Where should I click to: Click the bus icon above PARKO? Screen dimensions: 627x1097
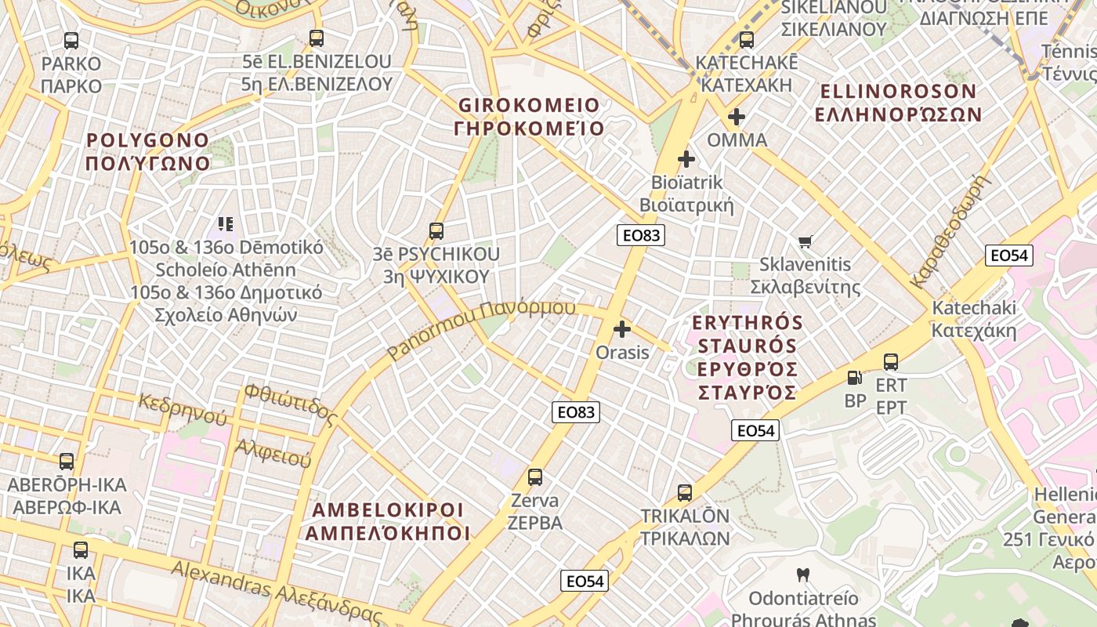click(71, 41)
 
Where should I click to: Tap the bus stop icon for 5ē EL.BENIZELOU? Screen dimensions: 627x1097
click(317, 38)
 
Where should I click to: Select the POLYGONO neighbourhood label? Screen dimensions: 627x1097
click(148, 152)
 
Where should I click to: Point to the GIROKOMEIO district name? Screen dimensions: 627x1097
click(529, 116)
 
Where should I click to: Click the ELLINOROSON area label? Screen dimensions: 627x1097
click(898, 103)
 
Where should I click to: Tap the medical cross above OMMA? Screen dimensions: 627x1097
click(737, 118)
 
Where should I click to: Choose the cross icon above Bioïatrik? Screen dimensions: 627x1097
click(686, 160)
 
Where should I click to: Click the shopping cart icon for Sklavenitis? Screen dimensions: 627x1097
click(806, 241)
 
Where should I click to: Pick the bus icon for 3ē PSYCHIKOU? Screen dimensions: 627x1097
click(436, 231)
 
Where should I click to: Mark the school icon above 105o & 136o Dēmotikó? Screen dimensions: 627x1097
click(226, 224)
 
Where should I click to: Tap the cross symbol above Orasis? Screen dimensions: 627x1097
click(622, 329)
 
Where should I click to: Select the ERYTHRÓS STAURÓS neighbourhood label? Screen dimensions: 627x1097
click(748, 357)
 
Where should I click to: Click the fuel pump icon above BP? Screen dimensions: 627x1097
click(855, 378)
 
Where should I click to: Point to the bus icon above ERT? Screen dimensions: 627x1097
click(891, 362)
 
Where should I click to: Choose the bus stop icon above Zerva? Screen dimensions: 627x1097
click(535, 477)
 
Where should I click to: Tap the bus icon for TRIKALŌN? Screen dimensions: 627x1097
click(685, 493)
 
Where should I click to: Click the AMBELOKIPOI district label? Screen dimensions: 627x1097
click(388, 521)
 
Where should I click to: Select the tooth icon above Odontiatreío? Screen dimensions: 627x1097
click(802, 574)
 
